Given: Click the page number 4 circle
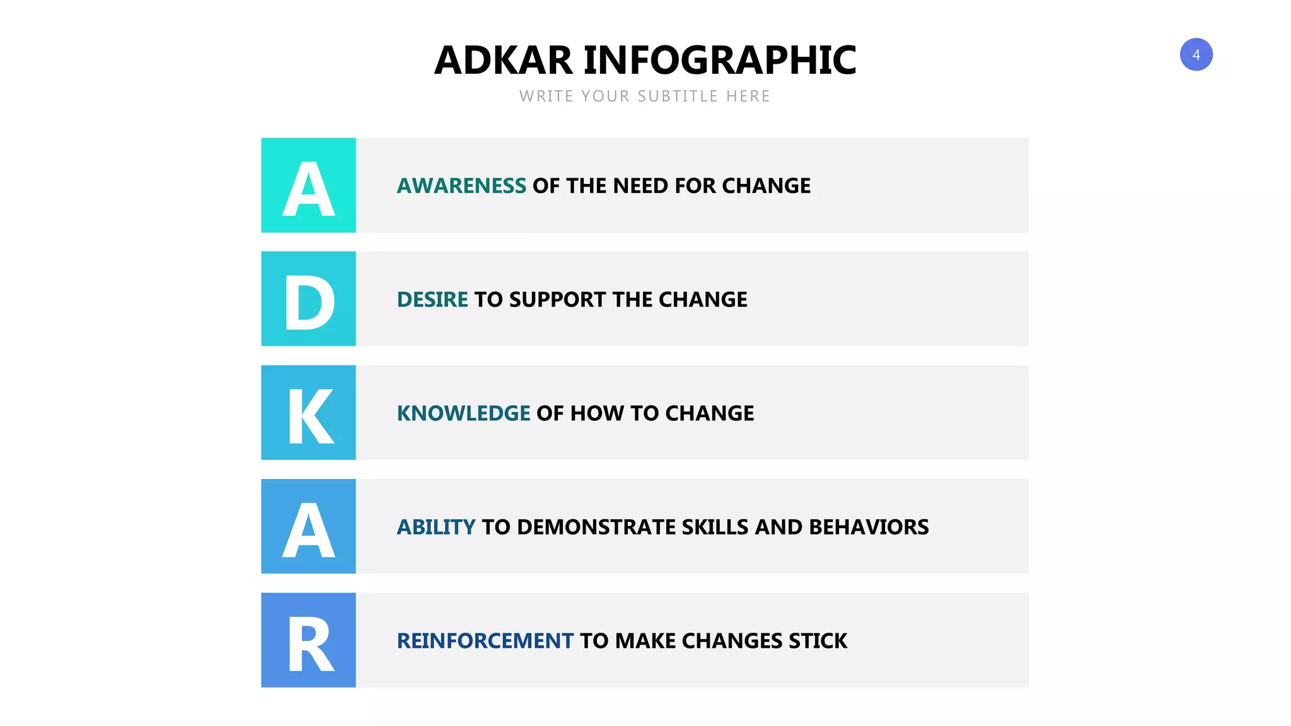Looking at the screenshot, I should (x=1196, y=55).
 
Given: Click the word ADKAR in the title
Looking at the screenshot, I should (x=503, y=60).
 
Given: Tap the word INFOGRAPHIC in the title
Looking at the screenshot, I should (x=720, y=60).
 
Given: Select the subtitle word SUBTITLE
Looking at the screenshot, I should (x=678, y=96).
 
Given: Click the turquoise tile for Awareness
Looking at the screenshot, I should (x=308, y=185).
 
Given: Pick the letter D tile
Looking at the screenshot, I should (x=308, y=299).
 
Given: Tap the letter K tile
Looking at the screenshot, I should (x=308, y=413).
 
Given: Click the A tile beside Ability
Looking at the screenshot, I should (x=308, y=526).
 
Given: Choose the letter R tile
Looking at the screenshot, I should (x=308, y=640).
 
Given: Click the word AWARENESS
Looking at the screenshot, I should (x=461, y=186).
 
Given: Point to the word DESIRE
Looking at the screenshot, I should (x=432, y=299).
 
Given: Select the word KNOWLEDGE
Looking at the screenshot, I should (x=463, y=413).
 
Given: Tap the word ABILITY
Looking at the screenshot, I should (x=436, y=527).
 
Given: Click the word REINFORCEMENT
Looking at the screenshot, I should (x=485, y=641).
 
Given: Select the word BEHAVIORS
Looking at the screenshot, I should (x=869, y=527).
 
